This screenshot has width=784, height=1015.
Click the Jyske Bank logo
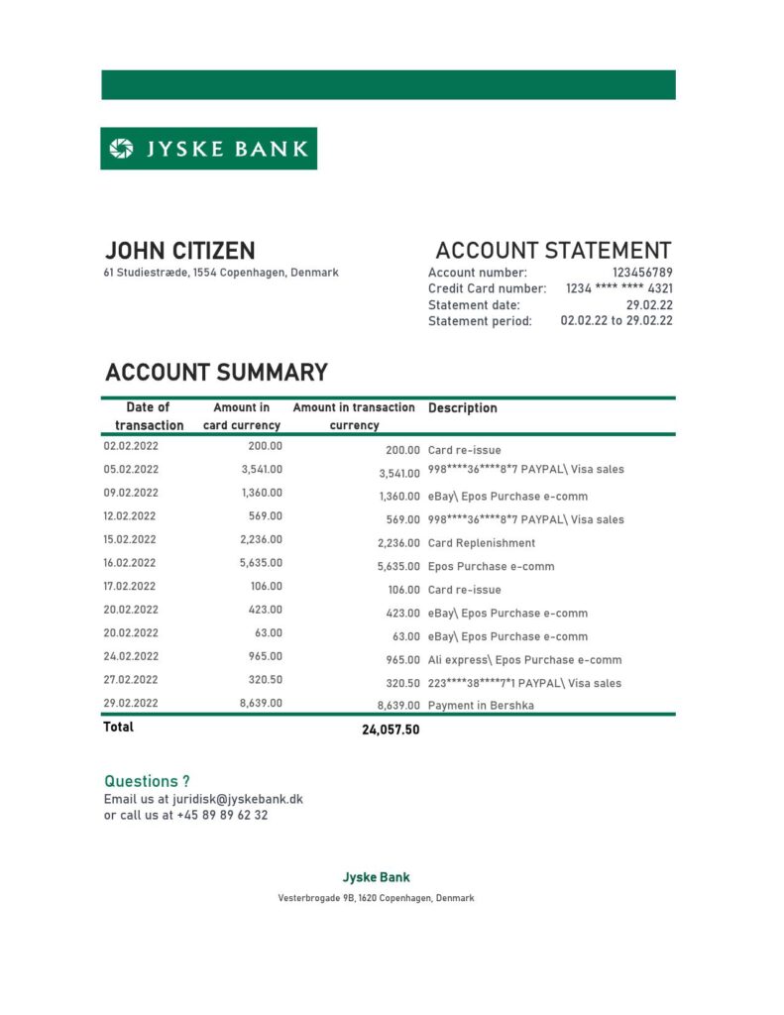(x=208, y=149)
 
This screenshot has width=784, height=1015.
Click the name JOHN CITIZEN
(x=179, y=251)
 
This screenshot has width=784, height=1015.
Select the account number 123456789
(x=641, y=273)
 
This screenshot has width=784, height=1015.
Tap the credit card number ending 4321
(x=618, y=288)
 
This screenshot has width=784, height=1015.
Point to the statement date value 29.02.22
(x=649, y=305)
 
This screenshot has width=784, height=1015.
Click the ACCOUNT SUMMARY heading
(x=216, y=373)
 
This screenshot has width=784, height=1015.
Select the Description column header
(x=462, y=408)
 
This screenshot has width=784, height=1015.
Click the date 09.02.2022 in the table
(x=131, y=493)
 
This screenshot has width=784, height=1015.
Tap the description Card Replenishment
(x=481, y=543)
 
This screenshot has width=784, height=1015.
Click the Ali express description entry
(x=524, y=660)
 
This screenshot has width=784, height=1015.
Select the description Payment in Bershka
(x=481, y=707)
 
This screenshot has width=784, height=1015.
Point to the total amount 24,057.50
(x=391, y=731)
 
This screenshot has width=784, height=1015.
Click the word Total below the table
(x=118, y=727)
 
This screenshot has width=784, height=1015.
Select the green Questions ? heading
(x=147, y=781)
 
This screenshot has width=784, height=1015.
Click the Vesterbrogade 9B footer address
(x=376, y=898)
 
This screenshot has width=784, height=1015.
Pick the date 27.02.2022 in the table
(x=131, y=680)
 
